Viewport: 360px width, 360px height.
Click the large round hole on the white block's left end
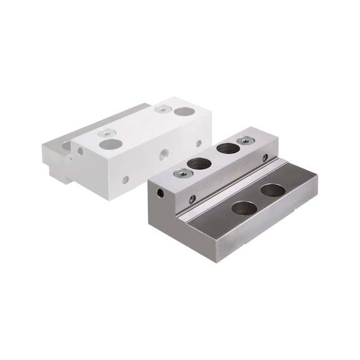111,144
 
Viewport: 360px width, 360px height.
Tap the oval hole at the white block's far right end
184,111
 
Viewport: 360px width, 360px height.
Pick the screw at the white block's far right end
161,109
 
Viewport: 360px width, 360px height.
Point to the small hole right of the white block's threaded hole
199,143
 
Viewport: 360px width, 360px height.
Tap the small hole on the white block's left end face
80,151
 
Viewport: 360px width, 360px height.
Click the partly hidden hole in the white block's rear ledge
66,146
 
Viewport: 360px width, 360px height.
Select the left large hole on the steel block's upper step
199,164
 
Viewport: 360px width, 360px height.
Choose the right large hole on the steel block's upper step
228,149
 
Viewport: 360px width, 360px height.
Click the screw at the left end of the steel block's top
181,173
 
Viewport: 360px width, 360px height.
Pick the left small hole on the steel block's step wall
192,199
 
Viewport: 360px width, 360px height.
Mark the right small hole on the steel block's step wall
265,158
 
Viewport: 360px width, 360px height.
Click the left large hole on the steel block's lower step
244,208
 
